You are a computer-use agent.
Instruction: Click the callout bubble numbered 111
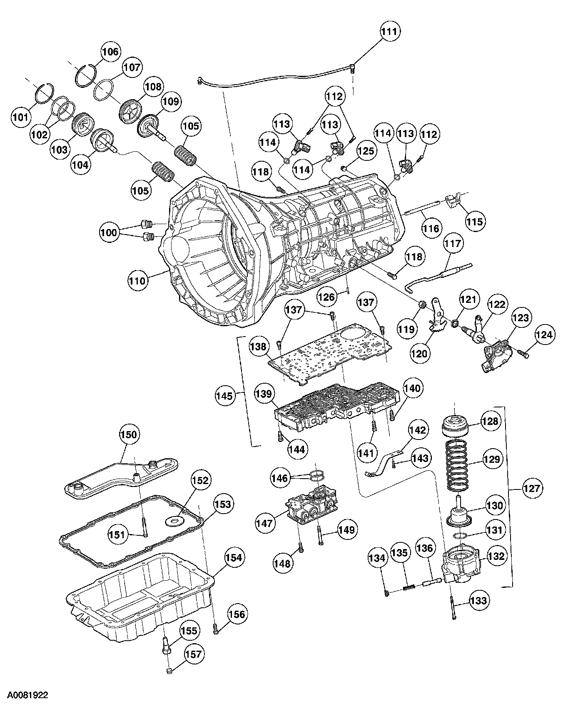point(390,32)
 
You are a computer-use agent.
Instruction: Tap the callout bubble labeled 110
point(138,280)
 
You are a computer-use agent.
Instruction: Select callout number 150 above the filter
point(128,434)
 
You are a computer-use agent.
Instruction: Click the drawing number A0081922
point(24,695)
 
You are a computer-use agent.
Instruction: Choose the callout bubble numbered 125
point(366,150)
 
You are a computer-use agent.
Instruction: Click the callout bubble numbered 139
point(264,394)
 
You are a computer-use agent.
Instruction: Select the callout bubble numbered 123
point(521,318)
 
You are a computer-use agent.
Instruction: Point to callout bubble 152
point(200,480)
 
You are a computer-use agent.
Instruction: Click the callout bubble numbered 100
point(110,232)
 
